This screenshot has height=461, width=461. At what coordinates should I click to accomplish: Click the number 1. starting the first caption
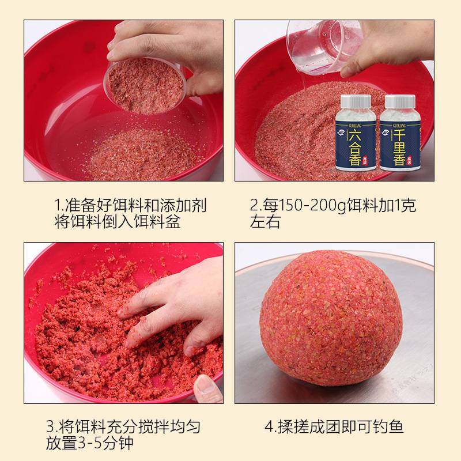(x=58, y=206)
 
